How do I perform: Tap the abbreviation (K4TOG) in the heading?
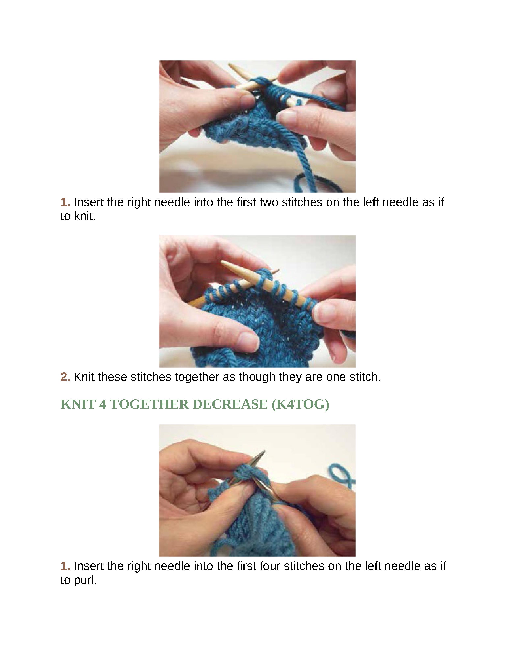(x=300, y=405)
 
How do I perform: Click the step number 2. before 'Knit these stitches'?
(x=65, y=377)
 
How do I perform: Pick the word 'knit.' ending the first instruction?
(x=85, y=216)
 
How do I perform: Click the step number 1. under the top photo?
(x=65, y=202)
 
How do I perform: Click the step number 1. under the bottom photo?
(x=65, y=566)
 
